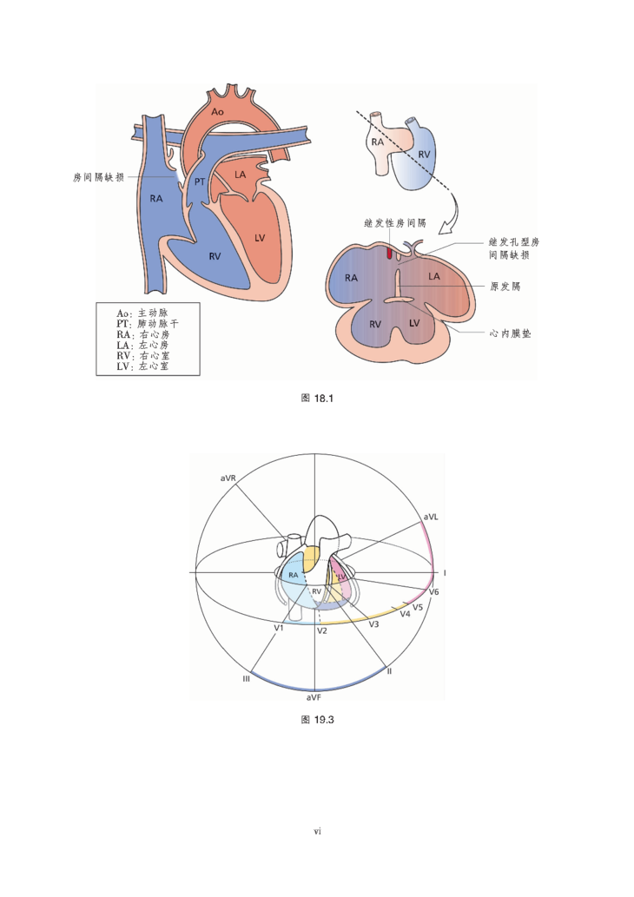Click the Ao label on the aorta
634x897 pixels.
click(x=217, y=111)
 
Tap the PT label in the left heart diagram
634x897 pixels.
click(x=200, y=181)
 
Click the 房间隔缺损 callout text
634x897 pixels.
click(x=98, y=177)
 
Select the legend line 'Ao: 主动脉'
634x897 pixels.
click(x=142, y=313)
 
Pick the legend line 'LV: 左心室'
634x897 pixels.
click(x=142, y=366)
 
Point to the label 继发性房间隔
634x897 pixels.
click(x=395, y=223)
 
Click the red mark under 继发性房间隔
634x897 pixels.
click(x=389, y=253)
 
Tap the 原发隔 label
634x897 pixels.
click(x=505, y=286)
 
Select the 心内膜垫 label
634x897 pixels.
click(x=510, y=333)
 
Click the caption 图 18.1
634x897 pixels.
click(x=317, y=399)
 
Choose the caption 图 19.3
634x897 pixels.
click(x=317, y=720)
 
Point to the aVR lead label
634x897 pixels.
click(x=228, y=478)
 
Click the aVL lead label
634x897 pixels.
click(x=431, y=517)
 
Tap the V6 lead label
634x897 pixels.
click(x=433, y=591)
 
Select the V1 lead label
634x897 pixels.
click(x=279, y=628)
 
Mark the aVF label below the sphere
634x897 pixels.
click(x=313, y=697)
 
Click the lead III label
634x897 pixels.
click(x=246, y=678)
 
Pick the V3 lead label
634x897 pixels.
click(x=373, y=624)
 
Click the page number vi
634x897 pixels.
click(x=317, y=831)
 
